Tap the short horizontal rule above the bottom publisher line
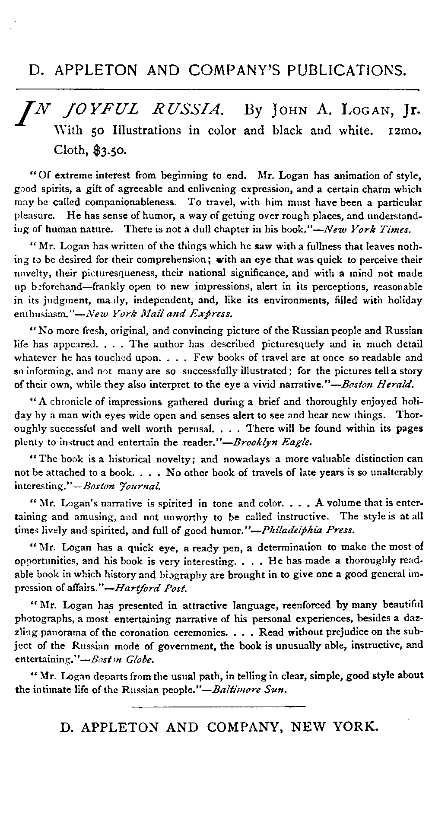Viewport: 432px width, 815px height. [218, 707]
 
